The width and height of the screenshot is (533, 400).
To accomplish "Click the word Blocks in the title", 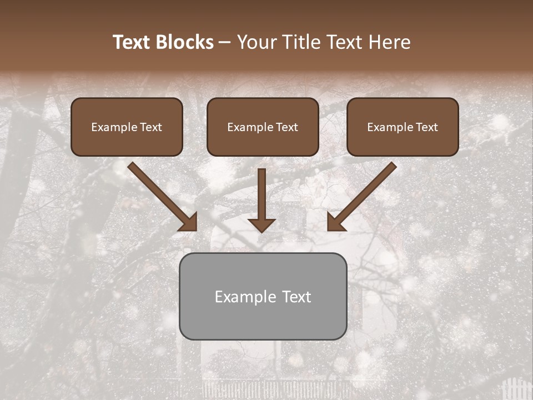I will pos(184,42).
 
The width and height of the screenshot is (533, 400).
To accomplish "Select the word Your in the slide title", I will pos(256,42).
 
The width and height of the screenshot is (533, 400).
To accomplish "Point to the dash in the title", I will pos(225,43).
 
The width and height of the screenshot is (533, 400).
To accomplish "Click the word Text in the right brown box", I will pos(426,127).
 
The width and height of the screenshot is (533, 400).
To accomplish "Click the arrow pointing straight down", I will pos(262,194).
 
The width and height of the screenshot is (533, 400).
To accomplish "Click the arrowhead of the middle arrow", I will pos(262,224).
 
